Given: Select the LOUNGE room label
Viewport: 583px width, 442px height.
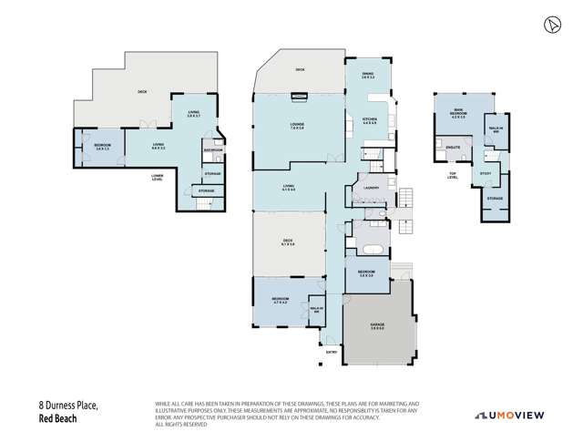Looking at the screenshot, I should [x=298, y=127].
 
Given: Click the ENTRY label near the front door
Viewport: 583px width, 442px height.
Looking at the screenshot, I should [x=330, y=350].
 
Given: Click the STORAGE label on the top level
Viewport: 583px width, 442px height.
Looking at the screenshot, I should [x=495, y=198].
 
